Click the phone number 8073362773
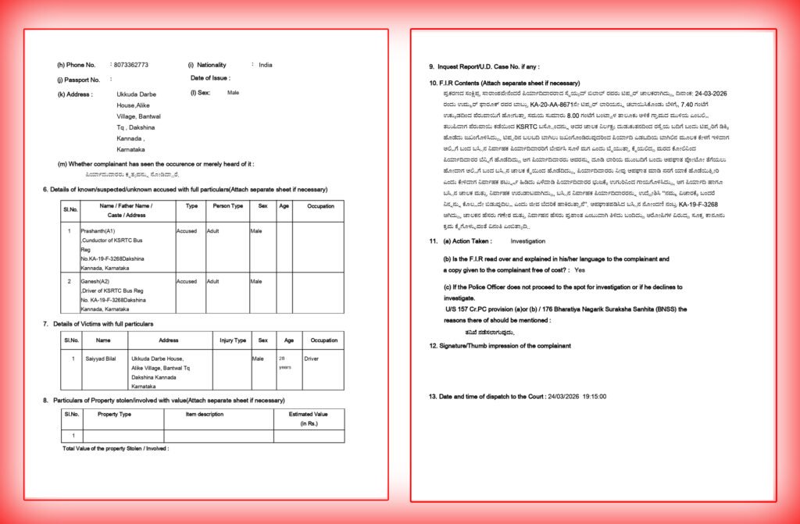tap(130, 64)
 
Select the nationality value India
tap(266, 64)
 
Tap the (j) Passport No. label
tap(78, 80)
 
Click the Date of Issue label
tap(210, 78)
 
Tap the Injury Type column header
tap(233, 340)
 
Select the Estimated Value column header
tap(309, 414)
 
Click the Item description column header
tap(205, 414)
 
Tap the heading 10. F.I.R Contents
tap(504, 83)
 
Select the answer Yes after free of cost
tap(580, 269)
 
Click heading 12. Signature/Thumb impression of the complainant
tap(500, 345)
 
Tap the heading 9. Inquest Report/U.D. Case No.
tap(484, 67)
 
